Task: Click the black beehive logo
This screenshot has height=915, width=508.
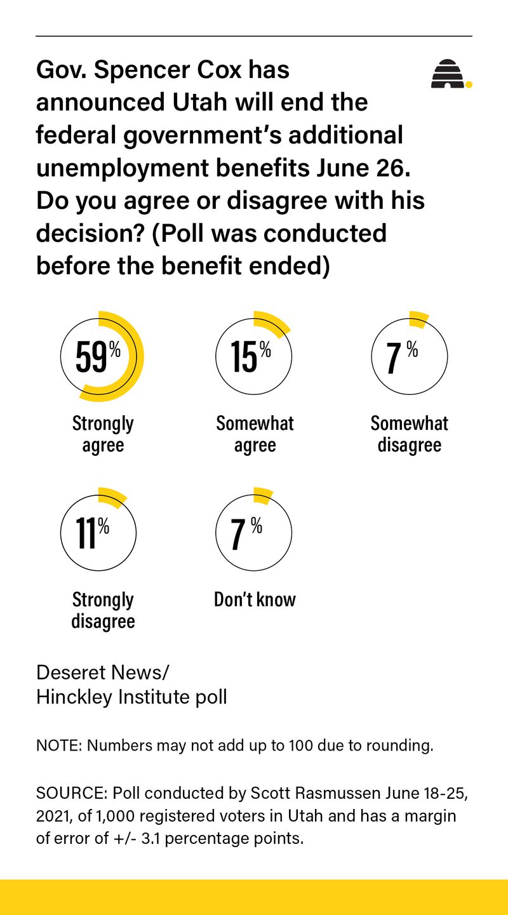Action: point(447,74)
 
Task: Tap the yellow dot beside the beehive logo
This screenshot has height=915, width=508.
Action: point(469,84)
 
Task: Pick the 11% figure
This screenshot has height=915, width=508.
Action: point(93,533)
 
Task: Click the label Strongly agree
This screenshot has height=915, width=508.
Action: point(103,434)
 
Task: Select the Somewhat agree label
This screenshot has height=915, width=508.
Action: point(255,434)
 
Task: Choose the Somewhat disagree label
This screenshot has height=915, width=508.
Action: point(410,434)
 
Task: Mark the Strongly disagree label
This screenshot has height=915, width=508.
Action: point(103,610)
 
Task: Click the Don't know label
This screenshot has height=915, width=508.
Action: point(255,600)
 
